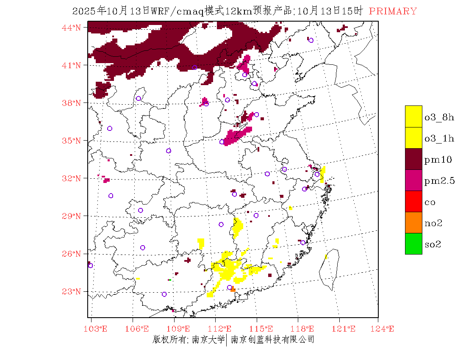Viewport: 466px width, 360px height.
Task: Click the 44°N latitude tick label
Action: (72, 28)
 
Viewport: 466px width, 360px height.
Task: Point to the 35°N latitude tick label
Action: (72, 141)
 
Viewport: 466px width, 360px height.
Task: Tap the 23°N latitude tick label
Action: (72, 291)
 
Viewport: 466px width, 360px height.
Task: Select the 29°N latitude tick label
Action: (72, 216)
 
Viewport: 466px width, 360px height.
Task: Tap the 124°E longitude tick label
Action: (384, 329)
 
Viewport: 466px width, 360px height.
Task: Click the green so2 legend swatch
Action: (413, 244)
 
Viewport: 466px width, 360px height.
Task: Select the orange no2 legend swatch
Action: (413, 223)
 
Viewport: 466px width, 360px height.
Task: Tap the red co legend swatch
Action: (413, 202)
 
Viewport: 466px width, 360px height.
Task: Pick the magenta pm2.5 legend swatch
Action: (413, 180)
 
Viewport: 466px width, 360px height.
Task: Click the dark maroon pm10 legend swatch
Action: (413, 159)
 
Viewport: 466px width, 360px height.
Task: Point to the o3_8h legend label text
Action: (439, 117)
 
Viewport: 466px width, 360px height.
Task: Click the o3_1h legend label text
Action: (439, 138)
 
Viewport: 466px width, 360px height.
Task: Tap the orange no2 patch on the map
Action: (233, 290)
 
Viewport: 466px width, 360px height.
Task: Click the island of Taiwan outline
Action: (329, 269)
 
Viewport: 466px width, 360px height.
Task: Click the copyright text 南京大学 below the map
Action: (208, 339)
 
